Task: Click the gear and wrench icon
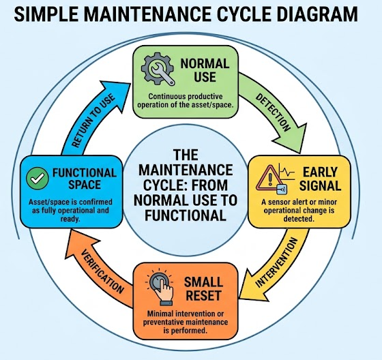click(x=158, y=69)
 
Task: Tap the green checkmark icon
click(x=38, y=178)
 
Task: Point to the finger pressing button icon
click(x=160, y=287)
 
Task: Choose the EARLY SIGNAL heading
click(x=320, y=179)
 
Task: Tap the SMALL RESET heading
click(x=203, y=289)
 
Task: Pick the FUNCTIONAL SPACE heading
click(x=85, y=179)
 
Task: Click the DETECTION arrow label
click(x=273, y=112)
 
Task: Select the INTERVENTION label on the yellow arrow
click(x=276, y=262)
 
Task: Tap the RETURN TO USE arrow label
click(x=93, y=121)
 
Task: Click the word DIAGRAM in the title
click(x=317, y=14)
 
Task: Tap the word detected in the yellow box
click(x=299, y=219)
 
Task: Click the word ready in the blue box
click(x=70, y=220)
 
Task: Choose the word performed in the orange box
click(x=192, y=331)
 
